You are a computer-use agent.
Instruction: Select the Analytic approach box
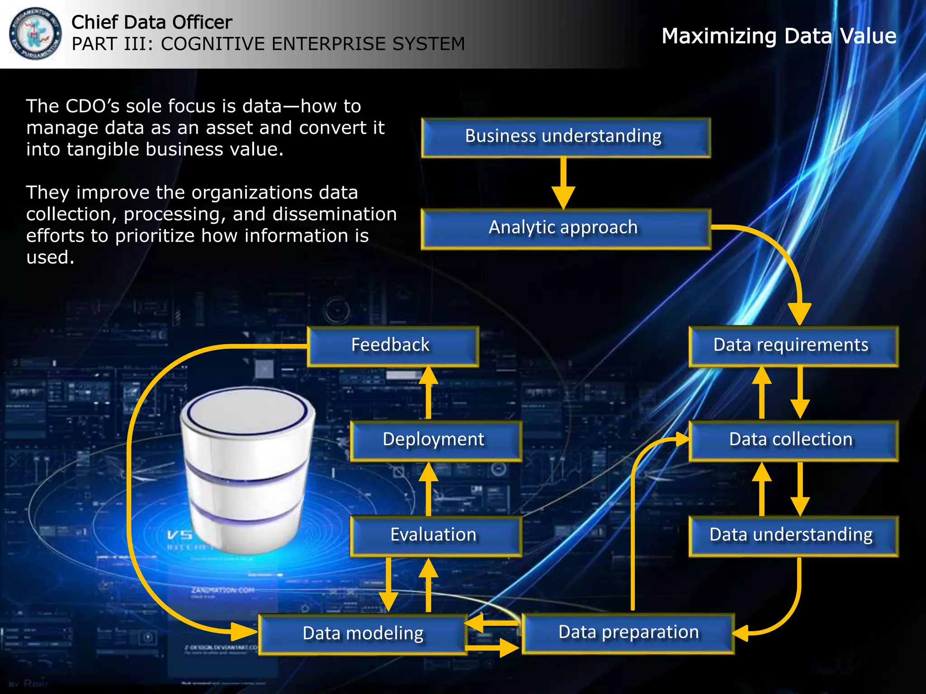tap(565, 229)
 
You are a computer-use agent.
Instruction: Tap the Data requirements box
tap(793, 346)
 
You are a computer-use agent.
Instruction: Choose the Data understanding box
tap(793, 536)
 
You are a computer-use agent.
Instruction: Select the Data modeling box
tap(363, 634)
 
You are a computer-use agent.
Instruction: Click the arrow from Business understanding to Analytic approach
tap(563, 183)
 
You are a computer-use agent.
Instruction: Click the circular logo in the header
tap(35, 34)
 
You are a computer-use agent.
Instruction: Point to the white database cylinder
tap(247, 470)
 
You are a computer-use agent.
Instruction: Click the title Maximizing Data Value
tap(779, 36)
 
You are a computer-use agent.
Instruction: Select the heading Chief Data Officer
tap(152, 22)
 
